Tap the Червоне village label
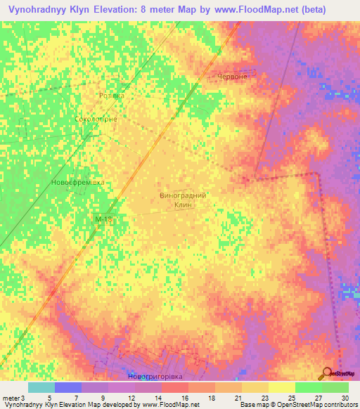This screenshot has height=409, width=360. pyautogui.click(x=232, y=77)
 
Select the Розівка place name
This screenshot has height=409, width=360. pyautogui.click(x=111, y=96)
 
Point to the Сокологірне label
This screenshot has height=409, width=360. pyautogui.click(x=96, y=119)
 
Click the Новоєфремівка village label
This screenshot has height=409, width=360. pyautogui.click(x=77, y=182)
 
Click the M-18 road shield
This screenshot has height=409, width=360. pyautogui.click(x=103, y=220)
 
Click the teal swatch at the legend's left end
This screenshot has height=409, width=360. pyautogui.click(x=41, y=387)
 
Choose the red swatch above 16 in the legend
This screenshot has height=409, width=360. pyautogui.click(x=174, y=387)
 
